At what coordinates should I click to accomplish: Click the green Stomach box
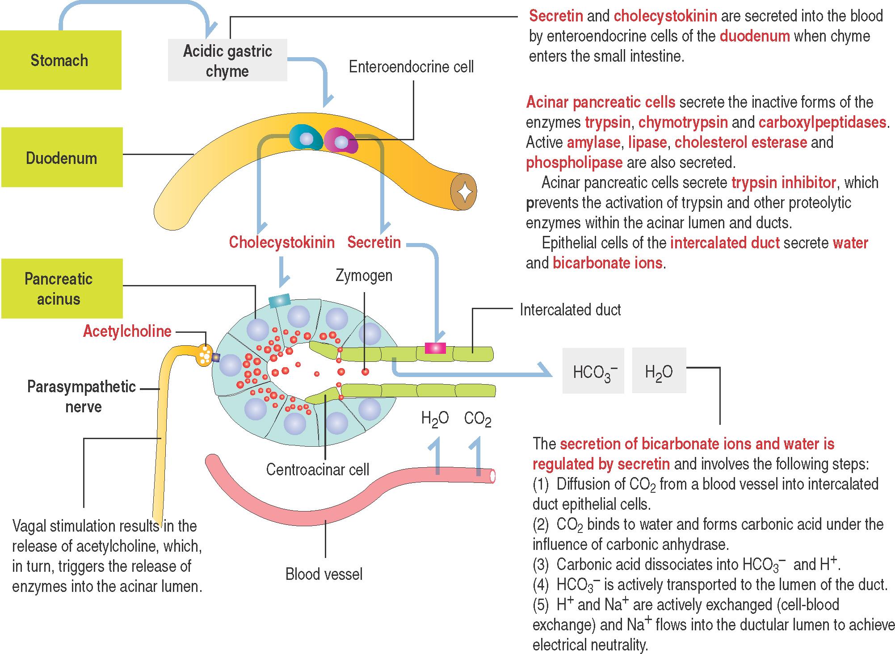coord(60,60)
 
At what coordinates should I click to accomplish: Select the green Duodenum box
coord(62,158)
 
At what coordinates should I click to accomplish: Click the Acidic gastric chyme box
coord(227,61)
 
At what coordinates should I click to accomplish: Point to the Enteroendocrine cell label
coord(411,67)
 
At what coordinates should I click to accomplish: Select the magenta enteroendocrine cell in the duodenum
coord(341,141)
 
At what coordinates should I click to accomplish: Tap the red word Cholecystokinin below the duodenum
coord(282,243)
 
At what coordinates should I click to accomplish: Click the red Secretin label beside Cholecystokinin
coord(374,243)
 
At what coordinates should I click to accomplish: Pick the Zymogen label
coord(364,276)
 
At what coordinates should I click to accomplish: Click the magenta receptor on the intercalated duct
coord(435,348)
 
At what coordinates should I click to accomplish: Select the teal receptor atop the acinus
coord(279,301)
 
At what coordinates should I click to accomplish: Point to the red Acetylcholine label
coord(127,331)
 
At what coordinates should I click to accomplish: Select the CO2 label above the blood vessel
coord(477,419)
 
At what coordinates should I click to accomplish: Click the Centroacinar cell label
coord(317,470)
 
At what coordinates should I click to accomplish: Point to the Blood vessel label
coord(324,574)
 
